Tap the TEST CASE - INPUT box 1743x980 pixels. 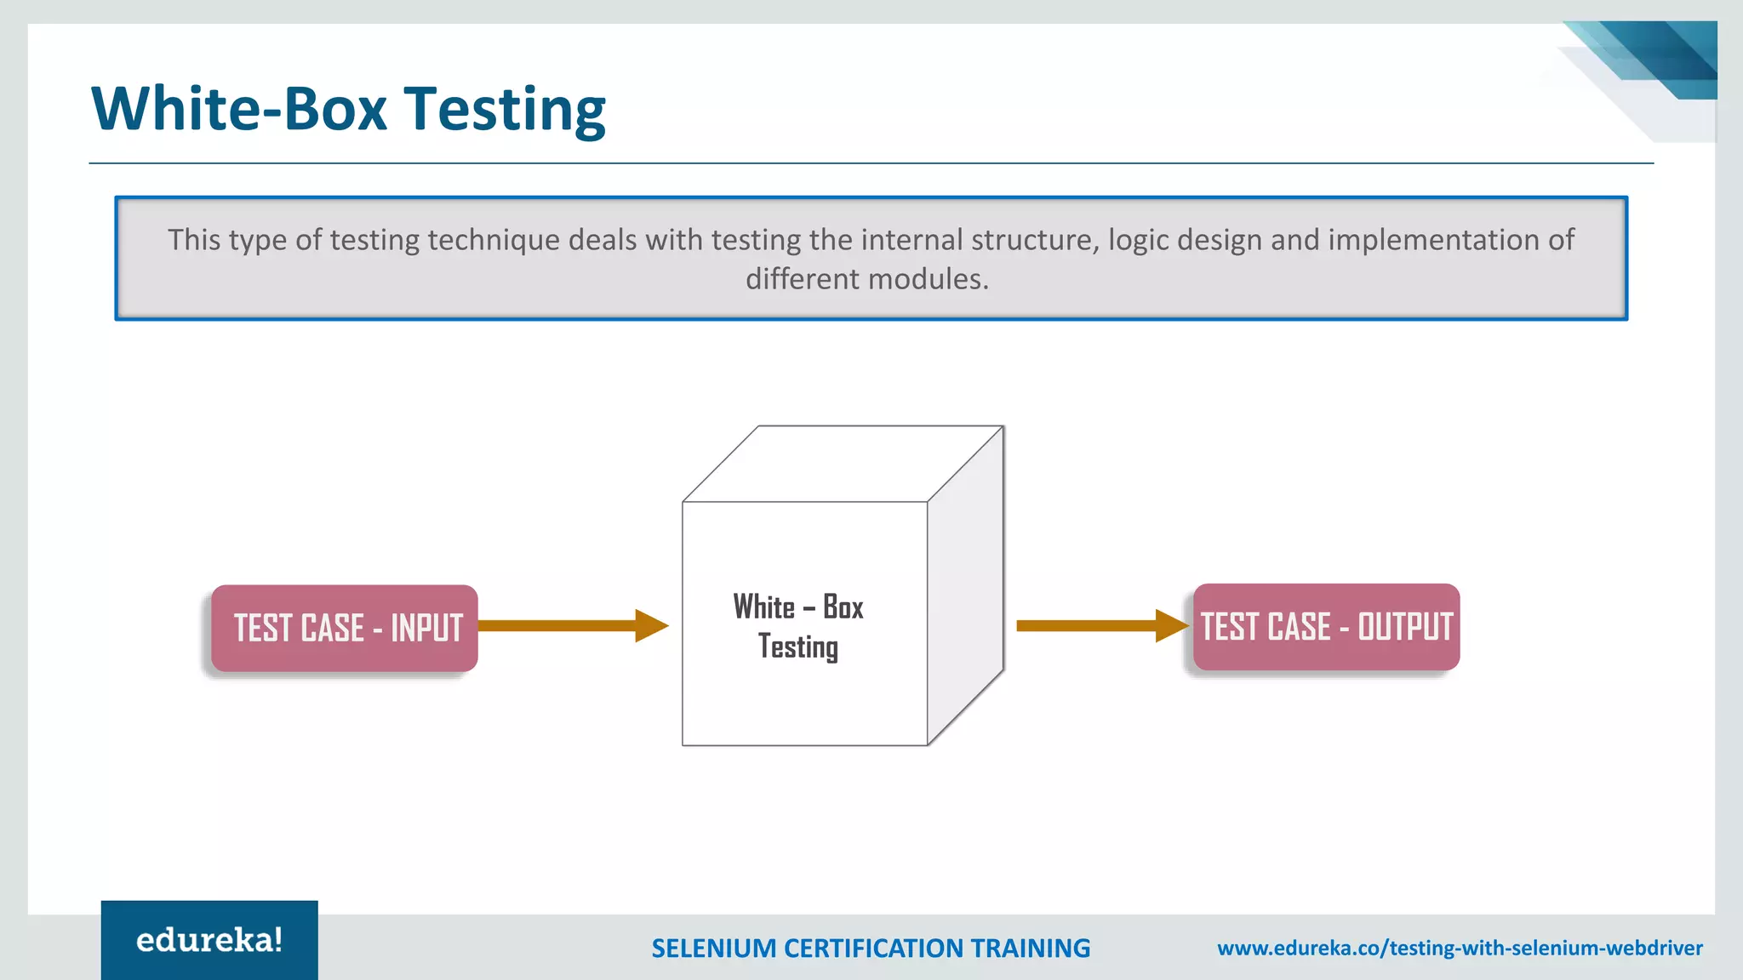(345, 628)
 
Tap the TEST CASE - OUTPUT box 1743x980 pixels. (1326, 627)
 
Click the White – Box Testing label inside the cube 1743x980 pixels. (798, 627)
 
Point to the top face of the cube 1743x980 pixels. (843, 464)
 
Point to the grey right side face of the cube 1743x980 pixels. (966, 587)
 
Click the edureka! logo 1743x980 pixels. (209, 940)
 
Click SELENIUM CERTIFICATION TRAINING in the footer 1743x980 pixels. (871, 948)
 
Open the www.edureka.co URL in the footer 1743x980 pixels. (1460, 948)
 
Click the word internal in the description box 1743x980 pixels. (912, 240)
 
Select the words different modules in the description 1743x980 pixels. (867, 279)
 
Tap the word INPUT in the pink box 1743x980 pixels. (426, 629)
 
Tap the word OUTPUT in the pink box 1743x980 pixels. (1404, 627)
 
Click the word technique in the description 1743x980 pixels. (493, 241)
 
